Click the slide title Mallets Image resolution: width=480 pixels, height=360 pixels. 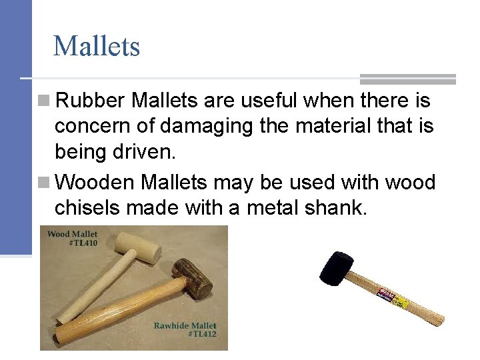tap(96, 47)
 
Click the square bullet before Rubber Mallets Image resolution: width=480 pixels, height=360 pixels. tap(44, 102)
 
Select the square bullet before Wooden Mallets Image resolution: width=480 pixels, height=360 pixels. tap(44, 183)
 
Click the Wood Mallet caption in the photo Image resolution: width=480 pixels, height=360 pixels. tap(72, 234)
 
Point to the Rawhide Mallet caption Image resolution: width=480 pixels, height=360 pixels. tap(185, 325)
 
